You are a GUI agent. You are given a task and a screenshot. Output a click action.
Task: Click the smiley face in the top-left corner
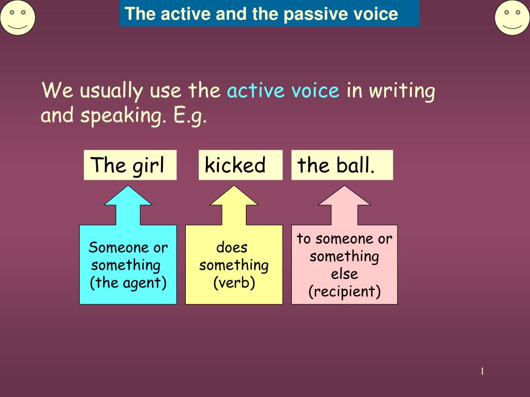pyautogui.click(x=18, y=18)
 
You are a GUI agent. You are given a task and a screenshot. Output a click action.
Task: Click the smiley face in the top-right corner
pyautogui.click(x=512, y=18)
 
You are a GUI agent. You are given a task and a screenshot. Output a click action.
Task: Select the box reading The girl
pyautogui.click(x=130, y=165)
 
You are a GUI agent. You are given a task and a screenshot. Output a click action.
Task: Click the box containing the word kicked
pyautogui.click(x=240, y=165)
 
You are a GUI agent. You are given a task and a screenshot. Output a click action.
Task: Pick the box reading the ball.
pyautogui.click(x=342, y=165)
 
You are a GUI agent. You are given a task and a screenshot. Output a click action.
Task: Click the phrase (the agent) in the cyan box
pyautogui.click(x=128, y=283)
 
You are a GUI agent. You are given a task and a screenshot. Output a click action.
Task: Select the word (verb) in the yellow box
pyautogui.click(x=234, y=283)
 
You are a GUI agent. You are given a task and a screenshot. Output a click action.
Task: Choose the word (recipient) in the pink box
pyautogui.click(x=345, y=292)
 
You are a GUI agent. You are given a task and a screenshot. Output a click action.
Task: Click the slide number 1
pyautogui.click(x=482, y=371)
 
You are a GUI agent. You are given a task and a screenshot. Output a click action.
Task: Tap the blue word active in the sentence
pyautogui.click(x=256, y=91)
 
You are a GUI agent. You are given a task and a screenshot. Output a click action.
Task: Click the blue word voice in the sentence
pyautogui.click(x=315, y=91)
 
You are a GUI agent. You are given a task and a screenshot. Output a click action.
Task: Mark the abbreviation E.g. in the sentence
pyautogui.click(x=190, y=116)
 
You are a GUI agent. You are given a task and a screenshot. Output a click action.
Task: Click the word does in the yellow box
pyautogui.click(x=232, y=248)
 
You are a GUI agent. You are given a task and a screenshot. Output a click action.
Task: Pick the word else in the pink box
pyautogui.click(x=345, y=274)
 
